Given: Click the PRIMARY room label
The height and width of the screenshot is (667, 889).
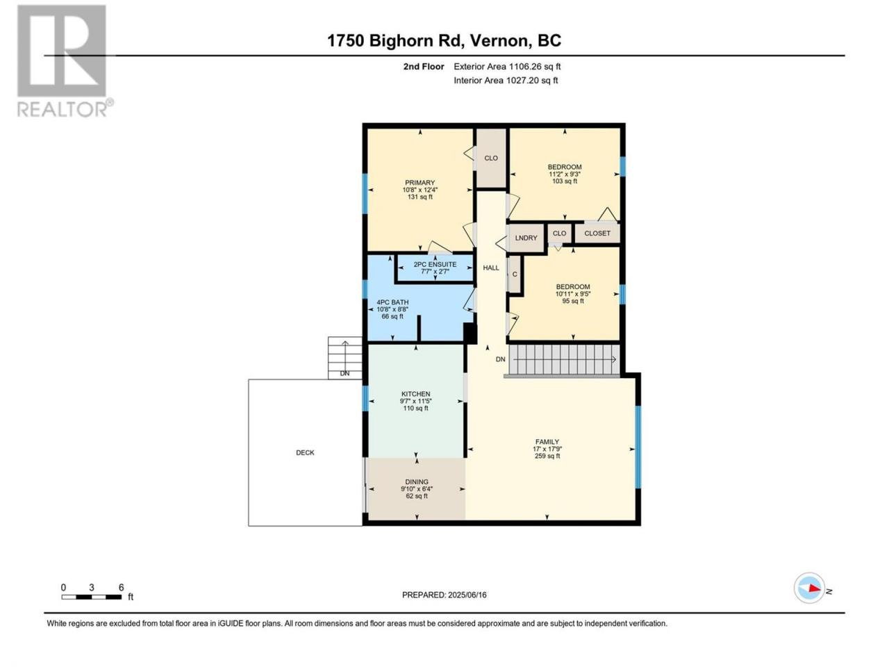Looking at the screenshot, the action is [x=419, y=183].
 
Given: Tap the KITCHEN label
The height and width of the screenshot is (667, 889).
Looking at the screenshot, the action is [x=415, y=394].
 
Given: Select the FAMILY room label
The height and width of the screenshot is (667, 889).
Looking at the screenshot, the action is [x=547, y=442].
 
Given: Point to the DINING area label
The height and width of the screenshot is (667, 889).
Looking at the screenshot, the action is [x=417, y=482].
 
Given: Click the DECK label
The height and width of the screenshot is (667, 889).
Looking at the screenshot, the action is [x=305, y=453].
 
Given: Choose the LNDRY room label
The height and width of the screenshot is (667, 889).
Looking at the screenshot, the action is [x=526, y=238].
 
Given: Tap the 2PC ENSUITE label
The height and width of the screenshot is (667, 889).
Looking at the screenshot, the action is [x=435, y=265].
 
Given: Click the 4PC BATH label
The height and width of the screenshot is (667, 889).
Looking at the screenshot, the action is [x=392, y=302].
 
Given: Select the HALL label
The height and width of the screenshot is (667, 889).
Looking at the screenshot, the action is [x=491, y=267].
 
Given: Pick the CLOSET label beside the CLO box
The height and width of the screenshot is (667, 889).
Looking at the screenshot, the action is [x=597, y=233].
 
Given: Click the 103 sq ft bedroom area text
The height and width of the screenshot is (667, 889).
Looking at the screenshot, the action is [x=565, y=181].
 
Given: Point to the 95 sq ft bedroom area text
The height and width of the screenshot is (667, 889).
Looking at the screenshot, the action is [x=573, y=301].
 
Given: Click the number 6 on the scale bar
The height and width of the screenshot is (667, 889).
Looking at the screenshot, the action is [x=121, y=587].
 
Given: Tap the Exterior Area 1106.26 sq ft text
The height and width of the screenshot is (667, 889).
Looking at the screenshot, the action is [x=507, y=67].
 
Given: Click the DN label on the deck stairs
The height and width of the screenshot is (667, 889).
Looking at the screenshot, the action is [x=344, y=373].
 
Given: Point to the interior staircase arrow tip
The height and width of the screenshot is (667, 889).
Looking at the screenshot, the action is [x=616, y=359].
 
